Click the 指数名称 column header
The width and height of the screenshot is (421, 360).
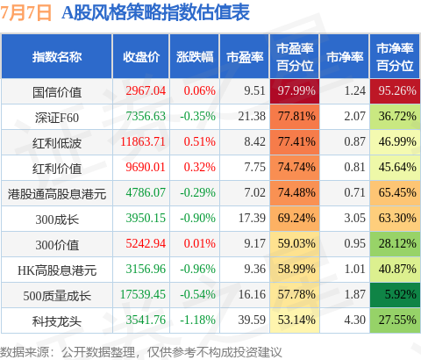(57, 57)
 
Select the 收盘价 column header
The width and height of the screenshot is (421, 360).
(141, 57)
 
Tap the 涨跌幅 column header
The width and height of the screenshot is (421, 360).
(195, 57)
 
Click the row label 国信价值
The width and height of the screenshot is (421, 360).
(57, 92)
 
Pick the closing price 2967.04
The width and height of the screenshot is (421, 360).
(146, 90)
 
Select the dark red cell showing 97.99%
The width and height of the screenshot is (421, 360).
(295, 91)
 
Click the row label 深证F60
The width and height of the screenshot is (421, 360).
(57, 118)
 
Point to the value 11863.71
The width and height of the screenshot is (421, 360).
(143, 141)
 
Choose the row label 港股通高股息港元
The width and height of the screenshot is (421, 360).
(57, 194)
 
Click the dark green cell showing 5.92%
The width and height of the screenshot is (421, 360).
(395, 295)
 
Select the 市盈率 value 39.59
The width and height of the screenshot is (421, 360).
(252, 320)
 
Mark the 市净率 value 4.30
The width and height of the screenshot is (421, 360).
(354, 320)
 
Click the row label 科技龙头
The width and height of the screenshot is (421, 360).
(57, 321)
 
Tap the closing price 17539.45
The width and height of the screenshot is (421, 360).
(143, 294)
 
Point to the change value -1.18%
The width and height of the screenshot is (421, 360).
(197, 320)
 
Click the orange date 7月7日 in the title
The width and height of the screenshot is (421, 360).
(25, 12)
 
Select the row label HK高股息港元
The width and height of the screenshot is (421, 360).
(57, 270)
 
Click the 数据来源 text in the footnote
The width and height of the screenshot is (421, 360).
(25, 352)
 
